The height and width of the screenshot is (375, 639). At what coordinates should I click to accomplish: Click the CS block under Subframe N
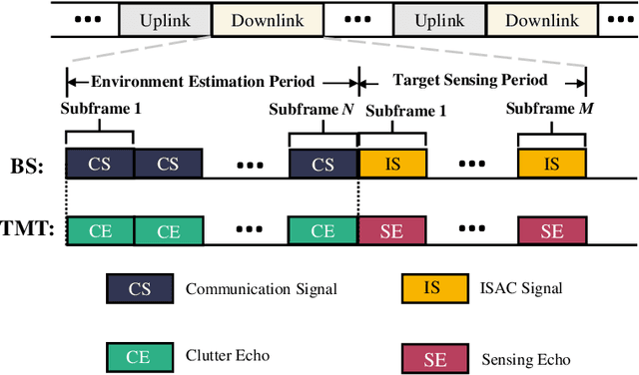(x=322, y=164)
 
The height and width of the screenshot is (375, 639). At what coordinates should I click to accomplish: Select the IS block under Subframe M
(x=552, y=164)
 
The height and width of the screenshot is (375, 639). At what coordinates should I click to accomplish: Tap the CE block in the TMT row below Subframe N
(x=322, y=230)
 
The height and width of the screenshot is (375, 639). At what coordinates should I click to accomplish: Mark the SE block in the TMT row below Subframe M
(x=552, y=230)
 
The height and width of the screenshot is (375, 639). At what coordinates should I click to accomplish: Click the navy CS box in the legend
(x=140, y=289)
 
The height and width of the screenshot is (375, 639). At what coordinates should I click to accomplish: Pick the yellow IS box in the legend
(x=431, y=289)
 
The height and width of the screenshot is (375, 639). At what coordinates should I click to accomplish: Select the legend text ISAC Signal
(x=521, y=289)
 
